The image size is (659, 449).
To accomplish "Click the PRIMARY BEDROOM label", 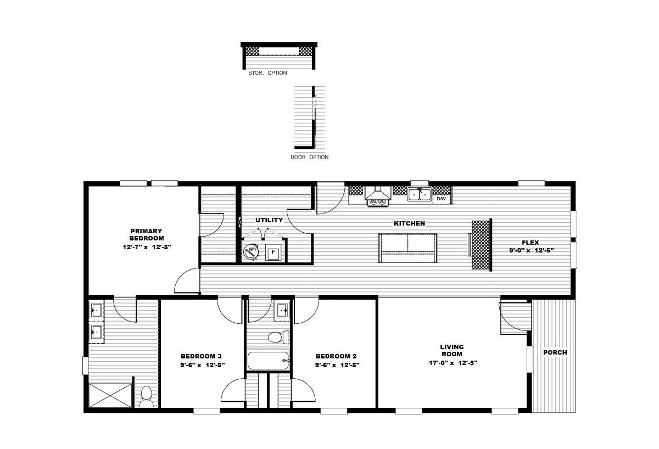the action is point(147,234).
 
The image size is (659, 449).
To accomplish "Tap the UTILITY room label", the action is point(269,220).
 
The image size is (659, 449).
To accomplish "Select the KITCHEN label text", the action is point(410,223).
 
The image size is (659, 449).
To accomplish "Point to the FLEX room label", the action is point(530,243).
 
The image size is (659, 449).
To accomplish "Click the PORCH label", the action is point(555,352).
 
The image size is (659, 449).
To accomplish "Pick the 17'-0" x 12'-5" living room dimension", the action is point(453,363).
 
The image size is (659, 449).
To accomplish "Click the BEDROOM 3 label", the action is point(201,356).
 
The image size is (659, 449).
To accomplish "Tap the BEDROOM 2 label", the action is point(336,356).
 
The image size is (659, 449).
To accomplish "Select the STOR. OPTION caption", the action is point(268,73).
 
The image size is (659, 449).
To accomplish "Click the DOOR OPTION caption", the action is point(310,158).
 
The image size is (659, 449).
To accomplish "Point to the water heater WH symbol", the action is point(252,252).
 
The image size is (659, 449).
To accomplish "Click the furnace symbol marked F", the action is point(273,252).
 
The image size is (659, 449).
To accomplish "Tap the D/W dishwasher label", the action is point(442,199).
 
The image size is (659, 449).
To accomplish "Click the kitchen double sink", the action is point(420,194).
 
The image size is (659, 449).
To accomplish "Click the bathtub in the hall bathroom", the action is point(269,361).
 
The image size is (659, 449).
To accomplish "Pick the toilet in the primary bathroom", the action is point(147,396).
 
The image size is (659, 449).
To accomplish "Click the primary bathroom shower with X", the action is point(110,395).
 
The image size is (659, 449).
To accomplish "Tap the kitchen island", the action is point(407,248).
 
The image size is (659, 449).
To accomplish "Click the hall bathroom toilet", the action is point(278,337).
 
